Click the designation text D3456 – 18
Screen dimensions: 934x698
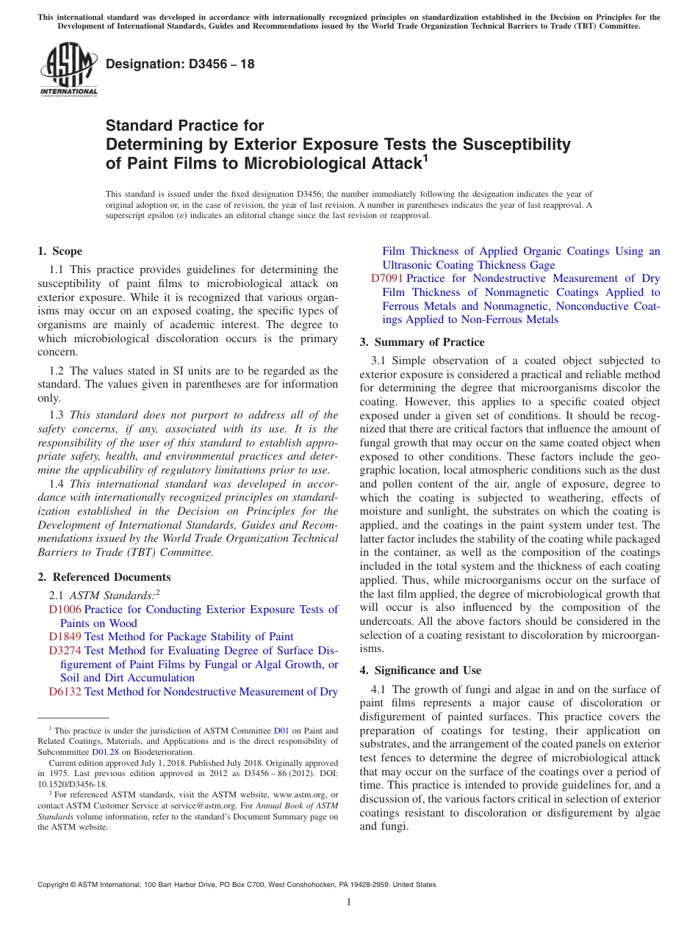pyautogui.click(x=180, y=65)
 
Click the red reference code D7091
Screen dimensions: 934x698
pyautogui.click(x=386, y=278)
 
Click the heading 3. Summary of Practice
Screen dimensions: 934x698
pyautogui.click(x=422, y=342)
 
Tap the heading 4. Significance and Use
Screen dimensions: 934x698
pyautogui.click(x=420, y=670)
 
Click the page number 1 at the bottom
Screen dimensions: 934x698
pyautogui.click(x=349, y=902)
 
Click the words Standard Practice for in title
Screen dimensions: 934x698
pyautogui.click(x=184, y=126)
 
